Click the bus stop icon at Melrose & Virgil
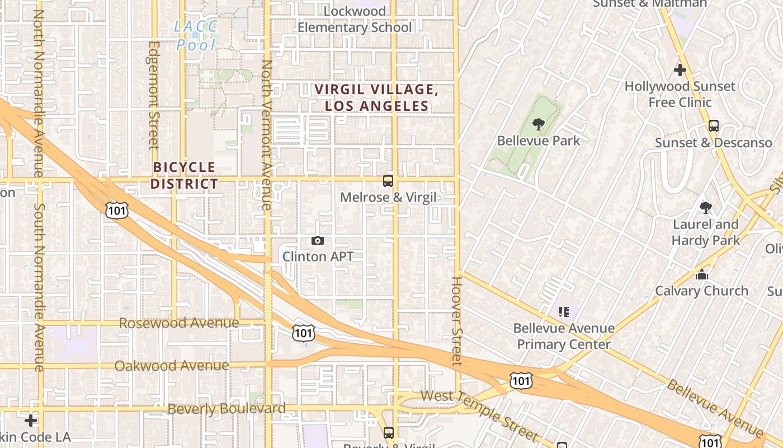point(388,181)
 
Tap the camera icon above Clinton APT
point(318,241)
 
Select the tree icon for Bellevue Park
point(539,124)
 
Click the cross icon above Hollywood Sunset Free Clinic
point(680,71)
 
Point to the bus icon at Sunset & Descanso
point(713,126)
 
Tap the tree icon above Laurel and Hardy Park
point(706,208)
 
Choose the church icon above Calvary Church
point(701,275)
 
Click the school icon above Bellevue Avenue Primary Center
point(563,311)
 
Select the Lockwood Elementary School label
point(355,19)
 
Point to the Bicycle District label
point(184,175)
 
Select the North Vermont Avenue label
point(267,134)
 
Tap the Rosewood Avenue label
point(179,323)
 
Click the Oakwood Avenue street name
point(172,366)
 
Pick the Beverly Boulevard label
point(227,409)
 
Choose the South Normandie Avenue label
point(39,286)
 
